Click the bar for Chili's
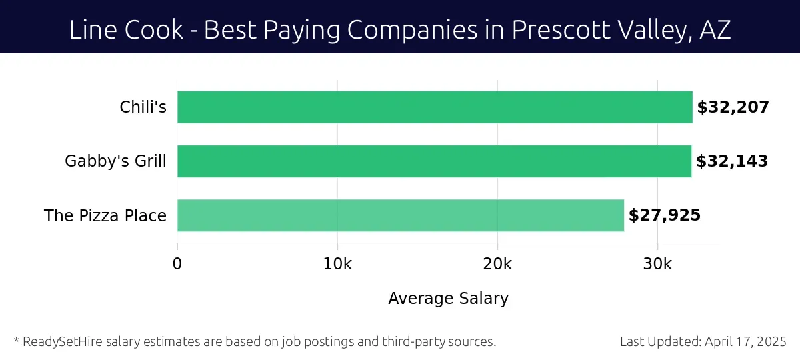(x=435, y=107)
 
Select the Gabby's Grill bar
(x=434, y=161)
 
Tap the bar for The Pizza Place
(x=400, y=215)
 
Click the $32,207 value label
(x=733, y=107)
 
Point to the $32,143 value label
(x=732, y=161)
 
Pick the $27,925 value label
(x=665, y=215)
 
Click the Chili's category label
(x=143, y=107)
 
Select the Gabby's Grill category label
(x=115, y=161)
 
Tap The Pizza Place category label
(x=105, y=215)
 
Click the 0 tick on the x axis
(x=177, y=264)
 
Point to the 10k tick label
(x=337, y=264)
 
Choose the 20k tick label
(x=497, y=264)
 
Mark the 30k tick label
(x=657, y=264)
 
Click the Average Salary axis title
(x=448, y=299)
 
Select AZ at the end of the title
(x=714, y=31)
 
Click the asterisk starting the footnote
(x=16, y=340)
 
